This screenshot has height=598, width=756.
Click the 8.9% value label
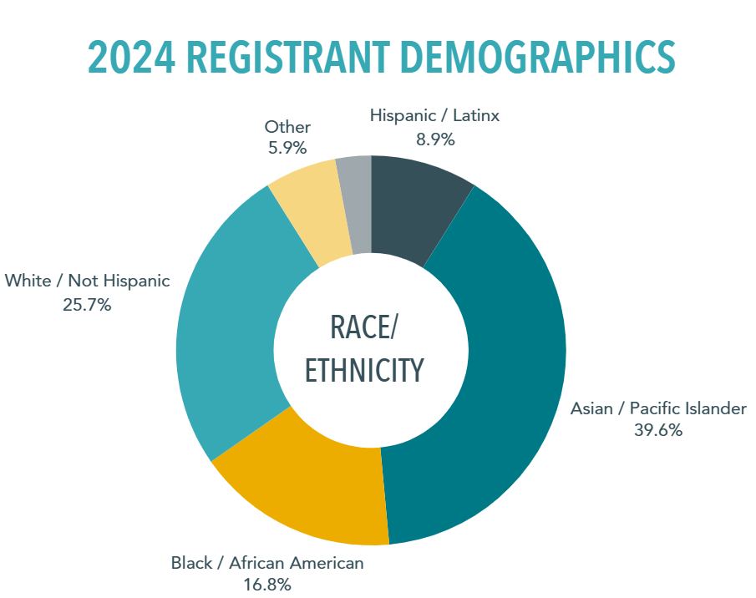tap(434, 139)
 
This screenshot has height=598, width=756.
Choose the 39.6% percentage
tap(658, 431)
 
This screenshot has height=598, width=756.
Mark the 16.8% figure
tap(267, 585)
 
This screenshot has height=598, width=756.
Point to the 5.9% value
tap(287, 149)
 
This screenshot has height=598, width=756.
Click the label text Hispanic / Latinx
tap(434, 116)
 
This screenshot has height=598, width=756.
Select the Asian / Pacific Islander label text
tap(658, 408)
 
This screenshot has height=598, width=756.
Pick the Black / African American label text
tap(267, 563)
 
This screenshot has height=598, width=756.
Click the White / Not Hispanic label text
tap(87, 281)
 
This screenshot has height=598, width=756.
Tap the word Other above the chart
tap(287, 127)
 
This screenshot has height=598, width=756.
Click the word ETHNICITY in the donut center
tap(363, 370)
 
